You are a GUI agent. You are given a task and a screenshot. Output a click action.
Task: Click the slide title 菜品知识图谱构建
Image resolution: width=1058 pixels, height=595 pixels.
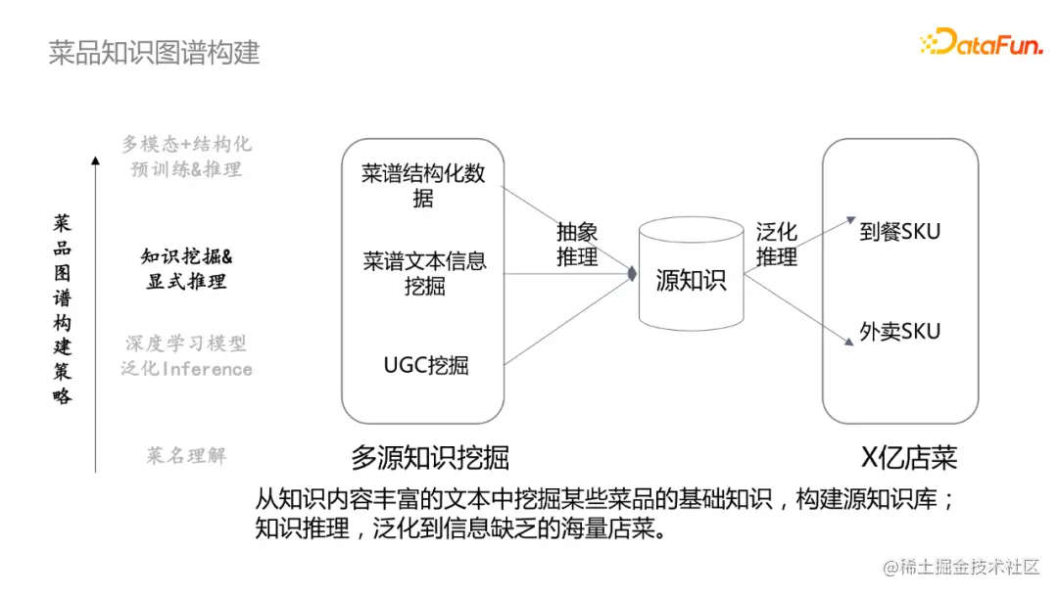click(x=154, y=52)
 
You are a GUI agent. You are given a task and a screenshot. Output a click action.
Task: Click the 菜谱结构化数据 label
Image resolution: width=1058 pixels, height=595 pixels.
click(x=423, y=186)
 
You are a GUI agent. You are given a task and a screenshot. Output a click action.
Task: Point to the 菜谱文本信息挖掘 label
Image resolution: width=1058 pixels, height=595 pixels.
click(x=424, y=274)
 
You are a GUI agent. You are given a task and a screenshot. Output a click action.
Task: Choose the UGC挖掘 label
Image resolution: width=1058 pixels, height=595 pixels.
click(x=425, y=365)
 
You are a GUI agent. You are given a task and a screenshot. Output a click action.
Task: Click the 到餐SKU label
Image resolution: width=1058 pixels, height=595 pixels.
click(x=899, y=232)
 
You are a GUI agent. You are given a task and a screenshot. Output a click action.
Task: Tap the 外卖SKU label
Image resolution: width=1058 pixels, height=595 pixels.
click(x=899, y=332)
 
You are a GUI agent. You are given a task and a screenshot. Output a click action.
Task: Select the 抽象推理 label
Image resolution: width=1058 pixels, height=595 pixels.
click(x=577, y=245)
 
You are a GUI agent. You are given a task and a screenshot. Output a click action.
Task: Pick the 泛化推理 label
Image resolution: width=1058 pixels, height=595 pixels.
click(x=776, y=245)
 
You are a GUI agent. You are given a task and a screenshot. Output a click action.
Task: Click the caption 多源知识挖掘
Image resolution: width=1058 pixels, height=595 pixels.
click(x=430, y=457)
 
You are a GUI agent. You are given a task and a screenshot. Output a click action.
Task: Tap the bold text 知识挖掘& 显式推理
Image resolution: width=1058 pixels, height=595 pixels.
click(x=186, y=269)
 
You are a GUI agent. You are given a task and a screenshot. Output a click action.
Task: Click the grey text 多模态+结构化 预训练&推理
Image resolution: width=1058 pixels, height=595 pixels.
click(x=186, y=157)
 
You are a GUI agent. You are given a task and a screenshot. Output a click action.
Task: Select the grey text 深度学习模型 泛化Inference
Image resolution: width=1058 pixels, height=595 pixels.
click(x=186, y=356)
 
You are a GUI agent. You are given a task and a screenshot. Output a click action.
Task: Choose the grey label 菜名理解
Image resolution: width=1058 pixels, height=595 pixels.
click(x=186, y=455)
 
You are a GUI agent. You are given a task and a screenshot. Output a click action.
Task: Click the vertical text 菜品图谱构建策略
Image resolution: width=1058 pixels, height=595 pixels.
click(x=63, y=309)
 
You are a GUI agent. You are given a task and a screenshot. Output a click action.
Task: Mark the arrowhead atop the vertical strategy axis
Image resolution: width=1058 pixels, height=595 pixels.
click(x=95, y=159)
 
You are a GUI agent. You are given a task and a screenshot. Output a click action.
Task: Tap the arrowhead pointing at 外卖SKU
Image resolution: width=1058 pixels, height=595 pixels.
click(x=848, y=342)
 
